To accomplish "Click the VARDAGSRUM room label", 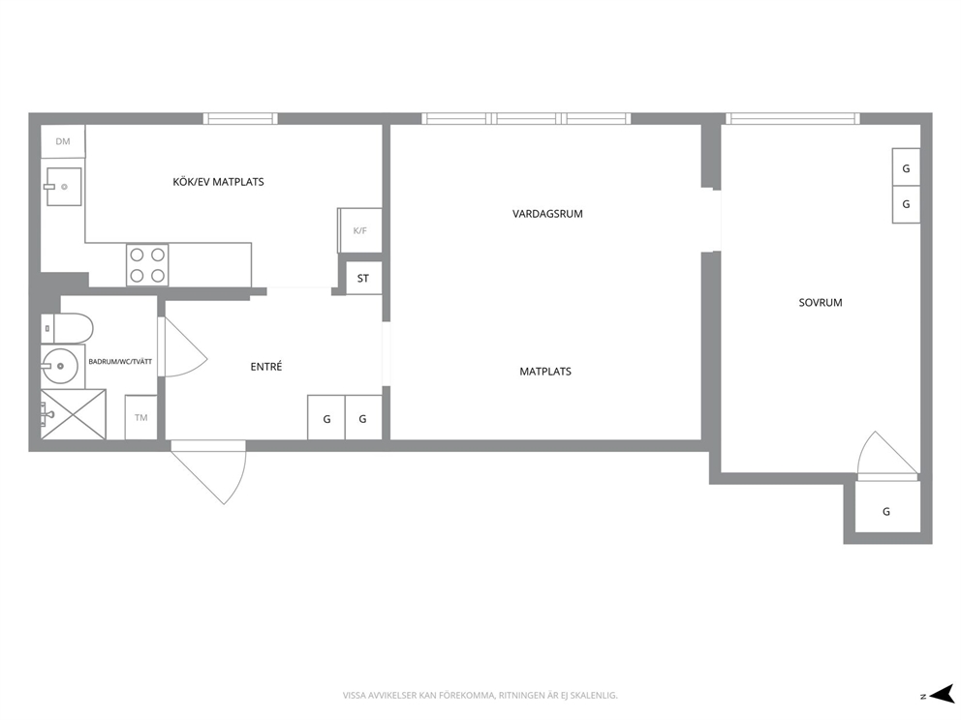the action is click(547, 214).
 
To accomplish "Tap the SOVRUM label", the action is click(820, 303).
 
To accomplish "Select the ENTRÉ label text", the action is click(266, 367).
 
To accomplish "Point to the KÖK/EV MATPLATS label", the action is click(218, 182).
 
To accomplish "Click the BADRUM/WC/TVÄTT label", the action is click(120, 362).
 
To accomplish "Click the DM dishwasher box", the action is click(63, 141).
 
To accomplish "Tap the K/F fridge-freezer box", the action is click(359, 230).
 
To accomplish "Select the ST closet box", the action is click(363, 278).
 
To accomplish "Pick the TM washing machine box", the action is click(141, 417).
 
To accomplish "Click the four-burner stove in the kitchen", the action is click(147, 265).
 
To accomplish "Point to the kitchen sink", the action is click(63, 187).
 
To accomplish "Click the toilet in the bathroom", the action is click(67, 329).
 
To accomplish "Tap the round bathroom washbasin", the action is click(59, 366).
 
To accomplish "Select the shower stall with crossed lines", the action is click(74, 414).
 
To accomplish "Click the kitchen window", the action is click(240, 119).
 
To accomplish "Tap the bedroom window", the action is click(792, 119).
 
